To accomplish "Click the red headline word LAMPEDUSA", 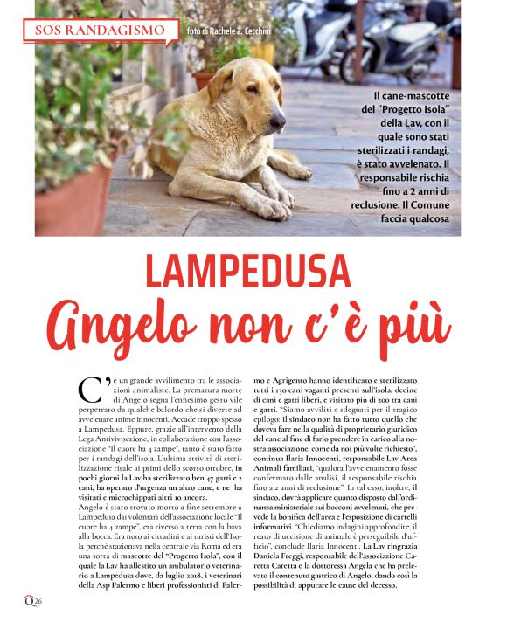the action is [x=253, y=269].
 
